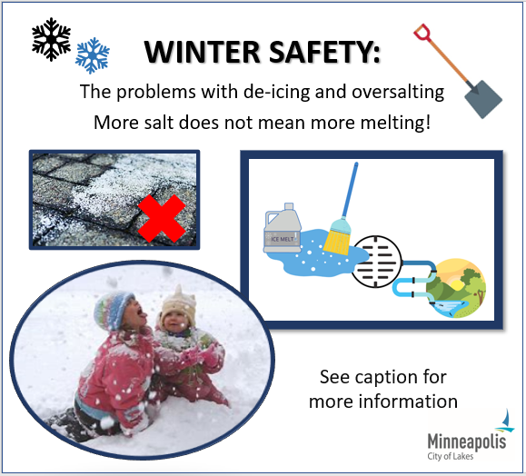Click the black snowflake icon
[51, 39]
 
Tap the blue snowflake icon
[93, 55]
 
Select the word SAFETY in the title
[325, 52]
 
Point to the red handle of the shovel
[422, 33]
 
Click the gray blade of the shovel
[483, 99]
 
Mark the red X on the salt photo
[162, 218]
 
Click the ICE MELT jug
[283, 229]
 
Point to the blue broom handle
[349, 191]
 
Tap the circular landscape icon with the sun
[455, 288]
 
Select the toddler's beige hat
[179, 306]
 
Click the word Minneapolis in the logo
[467, 441]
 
